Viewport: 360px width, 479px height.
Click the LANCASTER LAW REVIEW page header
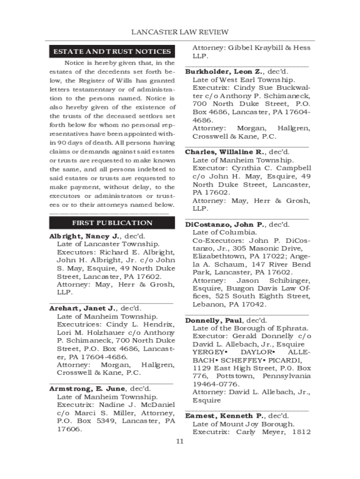[180, 32]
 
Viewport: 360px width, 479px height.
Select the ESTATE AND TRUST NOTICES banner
[112, 51]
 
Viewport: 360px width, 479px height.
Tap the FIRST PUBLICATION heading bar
[112, 223]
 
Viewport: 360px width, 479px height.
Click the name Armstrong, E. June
[87, 389]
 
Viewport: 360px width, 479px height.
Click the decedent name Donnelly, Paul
[214, 320]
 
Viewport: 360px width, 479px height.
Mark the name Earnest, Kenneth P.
[224, 416]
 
